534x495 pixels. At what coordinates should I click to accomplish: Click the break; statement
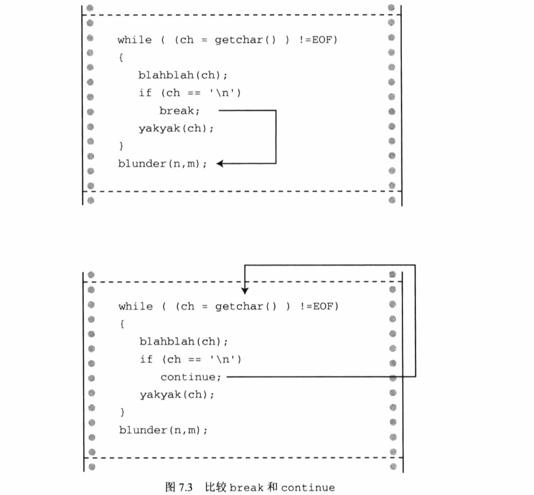click(179, 111)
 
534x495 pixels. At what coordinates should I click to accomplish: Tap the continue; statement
click(191, 377)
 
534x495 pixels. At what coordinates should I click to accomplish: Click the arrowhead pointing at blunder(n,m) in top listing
click(220, 163)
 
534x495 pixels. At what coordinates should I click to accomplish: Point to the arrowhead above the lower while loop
click(245, 291)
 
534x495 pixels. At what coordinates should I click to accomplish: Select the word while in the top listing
click(134, 40)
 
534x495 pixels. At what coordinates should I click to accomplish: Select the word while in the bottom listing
click(135, 306)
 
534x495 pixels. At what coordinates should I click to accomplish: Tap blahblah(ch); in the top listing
click(182, 75)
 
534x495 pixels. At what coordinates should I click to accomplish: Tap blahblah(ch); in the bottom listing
click(183, 342)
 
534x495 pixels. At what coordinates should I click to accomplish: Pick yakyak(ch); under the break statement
click(176, 129)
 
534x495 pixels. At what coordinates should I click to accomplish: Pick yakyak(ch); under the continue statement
click(177, 395)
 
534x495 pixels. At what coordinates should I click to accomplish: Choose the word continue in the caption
click(307, 487)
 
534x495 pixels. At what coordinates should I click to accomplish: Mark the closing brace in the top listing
click(121, 146)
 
